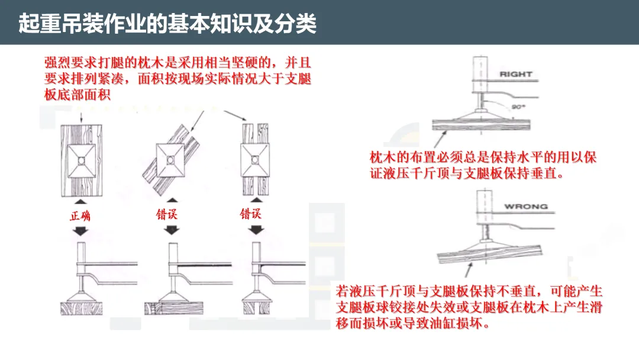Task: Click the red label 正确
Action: [x=80, y=216]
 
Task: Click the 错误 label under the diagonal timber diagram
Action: [x=167, y=214]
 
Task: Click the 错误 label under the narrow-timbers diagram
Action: [x=250, y=214]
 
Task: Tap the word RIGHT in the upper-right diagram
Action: [x=516, y=75]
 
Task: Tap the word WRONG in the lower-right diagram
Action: [x=526, y=207]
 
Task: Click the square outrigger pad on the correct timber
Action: [x=82, y=157]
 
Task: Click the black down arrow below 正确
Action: [x=82, y=231]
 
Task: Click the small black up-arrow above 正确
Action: [x=82, y=201]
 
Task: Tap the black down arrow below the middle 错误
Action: [x=171, y=230]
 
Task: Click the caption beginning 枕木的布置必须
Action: [x=483, y=166]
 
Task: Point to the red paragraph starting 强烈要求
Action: [x=177, y=78]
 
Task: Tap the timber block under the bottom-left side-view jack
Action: [x=82, y=307]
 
